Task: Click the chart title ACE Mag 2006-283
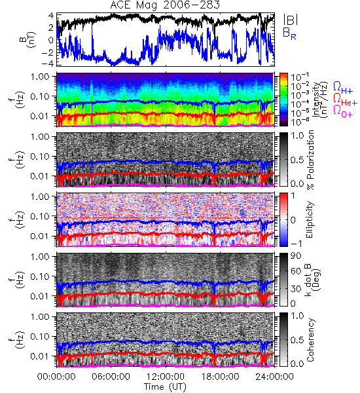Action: pos(165,5)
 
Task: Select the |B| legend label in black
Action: pos(291,20)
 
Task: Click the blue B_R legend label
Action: pos(289,33)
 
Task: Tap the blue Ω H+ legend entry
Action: pos(343,88)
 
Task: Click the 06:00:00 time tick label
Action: pos(111,377)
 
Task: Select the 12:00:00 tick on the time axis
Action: pos(166,377)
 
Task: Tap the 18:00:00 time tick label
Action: pos(220,377)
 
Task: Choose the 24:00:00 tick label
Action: pos(274,377)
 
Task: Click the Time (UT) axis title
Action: pos(165,386)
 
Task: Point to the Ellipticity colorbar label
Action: pos(310,219)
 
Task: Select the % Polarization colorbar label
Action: pos(310,160)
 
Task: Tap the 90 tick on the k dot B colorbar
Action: pos(296,256)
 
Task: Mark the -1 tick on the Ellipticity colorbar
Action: pos(296,244)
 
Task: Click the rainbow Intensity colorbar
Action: pos(283,100)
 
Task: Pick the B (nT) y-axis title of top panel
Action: pos(28,39)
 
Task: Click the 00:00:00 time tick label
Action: pos(56,377)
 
